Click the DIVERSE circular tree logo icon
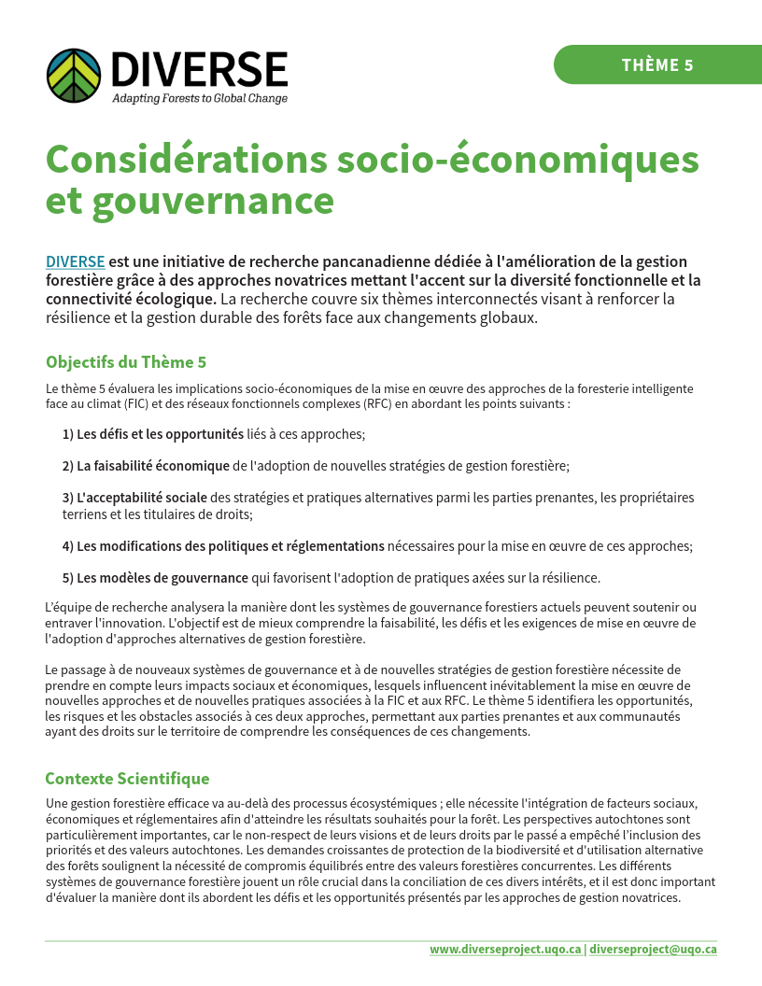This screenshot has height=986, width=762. (x=74, y=75)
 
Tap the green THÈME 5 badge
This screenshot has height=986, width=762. (x=657, y=64)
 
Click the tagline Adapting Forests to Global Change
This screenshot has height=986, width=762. (x=200, y=98)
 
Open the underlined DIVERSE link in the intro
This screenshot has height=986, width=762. (x=75, y=261)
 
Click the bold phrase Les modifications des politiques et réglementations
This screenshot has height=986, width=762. (x=230, y=545)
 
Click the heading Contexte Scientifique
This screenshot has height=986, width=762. (x=127, y=779)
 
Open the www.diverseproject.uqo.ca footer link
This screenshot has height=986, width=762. (x=505, y=949)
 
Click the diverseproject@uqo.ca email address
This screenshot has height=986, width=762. (x=653, y=949)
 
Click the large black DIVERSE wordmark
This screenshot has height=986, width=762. (x=199, y=69)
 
